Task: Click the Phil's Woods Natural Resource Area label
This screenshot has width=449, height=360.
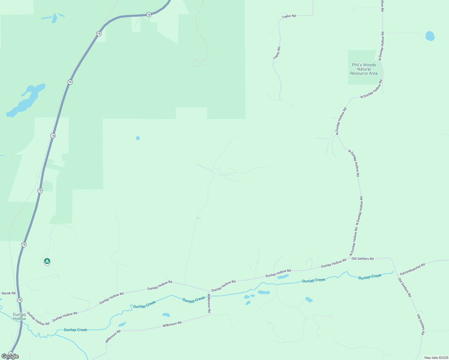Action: tap(364, 69)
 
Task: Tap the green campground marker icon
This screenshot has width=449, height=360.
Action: tap(47, 261)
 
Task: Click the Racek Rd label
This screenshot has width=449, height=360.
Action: tap(8, 293)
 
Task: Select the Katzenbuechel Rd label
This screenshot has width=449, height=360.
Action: tap(412, 269)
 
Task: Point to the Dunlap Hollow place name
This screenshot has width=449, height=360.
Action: tap(19, 316)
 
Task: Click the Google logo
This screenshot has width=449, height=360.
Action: tap(10, 356)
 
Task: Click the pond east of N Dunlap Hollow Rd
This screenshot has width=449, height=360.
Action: tap(430, 36)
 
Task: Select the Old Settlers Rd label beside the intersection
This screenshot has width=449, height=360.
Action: tap(363, 259)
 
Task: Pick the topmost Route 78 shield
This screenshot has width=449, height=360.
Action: tap(149, 14)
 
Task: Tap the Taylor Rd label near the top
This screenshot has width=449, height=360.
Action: tap(289, 16)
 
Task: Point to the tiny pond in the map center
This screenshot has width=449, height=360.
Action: tap(138, 138)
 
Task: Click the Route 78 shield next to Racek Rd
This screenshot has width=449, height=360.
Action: tap(20, 300)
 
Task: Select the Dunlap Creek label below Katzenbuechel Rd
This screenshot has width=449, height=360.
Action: tap(370, 277)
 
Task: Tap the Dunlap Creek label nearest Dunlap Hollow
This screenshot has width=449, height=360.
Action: tap(75, 330)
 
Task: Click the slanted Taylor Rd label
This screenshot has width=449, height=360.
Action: tap(277, 53)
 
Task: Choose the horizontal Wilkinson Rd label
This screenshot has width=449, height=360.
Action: tap(172, 324)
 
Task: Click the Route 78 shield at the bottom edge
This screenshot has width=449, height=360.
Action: tap(11, 354)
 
